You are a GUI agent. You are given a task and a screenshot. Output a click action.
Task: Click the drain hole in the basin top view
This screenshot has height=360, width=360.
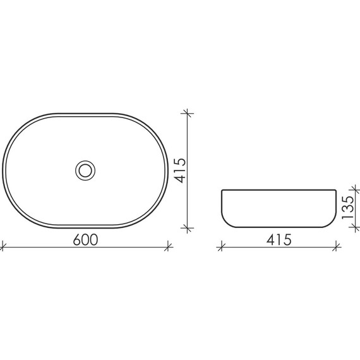pos(85,170)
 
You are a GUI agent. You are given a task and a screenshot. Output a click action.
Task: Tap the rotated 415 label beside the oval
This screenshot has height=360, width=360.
pos(181,171)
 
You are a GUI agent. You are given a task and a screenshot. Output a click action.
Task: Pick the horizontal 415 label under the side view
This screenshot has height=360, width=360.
pos(279,240)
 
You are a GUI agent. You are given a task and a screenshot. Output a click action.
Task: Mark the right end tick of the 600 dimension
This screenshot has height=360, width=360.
pos(168,247)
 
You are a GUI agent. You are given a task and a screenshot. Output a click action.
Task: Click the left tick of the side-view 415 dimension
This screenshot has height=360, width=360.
pos(220,247)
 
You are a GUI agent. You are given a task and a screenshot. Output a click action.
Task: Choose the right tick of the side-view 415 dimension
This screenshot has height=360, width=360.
pos(337,247)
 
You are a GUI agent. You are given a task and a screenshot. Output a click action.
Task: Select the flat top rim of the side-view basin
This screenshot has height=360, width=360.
pos(279,190)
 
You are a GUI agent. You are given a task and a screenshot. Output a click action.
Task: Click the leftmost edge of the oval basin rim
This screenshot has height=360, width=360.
pos(3,170)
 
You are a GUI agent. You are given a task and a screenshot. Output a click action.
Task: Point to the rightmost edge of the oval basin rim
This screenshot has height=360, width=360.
pos(167,170)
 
